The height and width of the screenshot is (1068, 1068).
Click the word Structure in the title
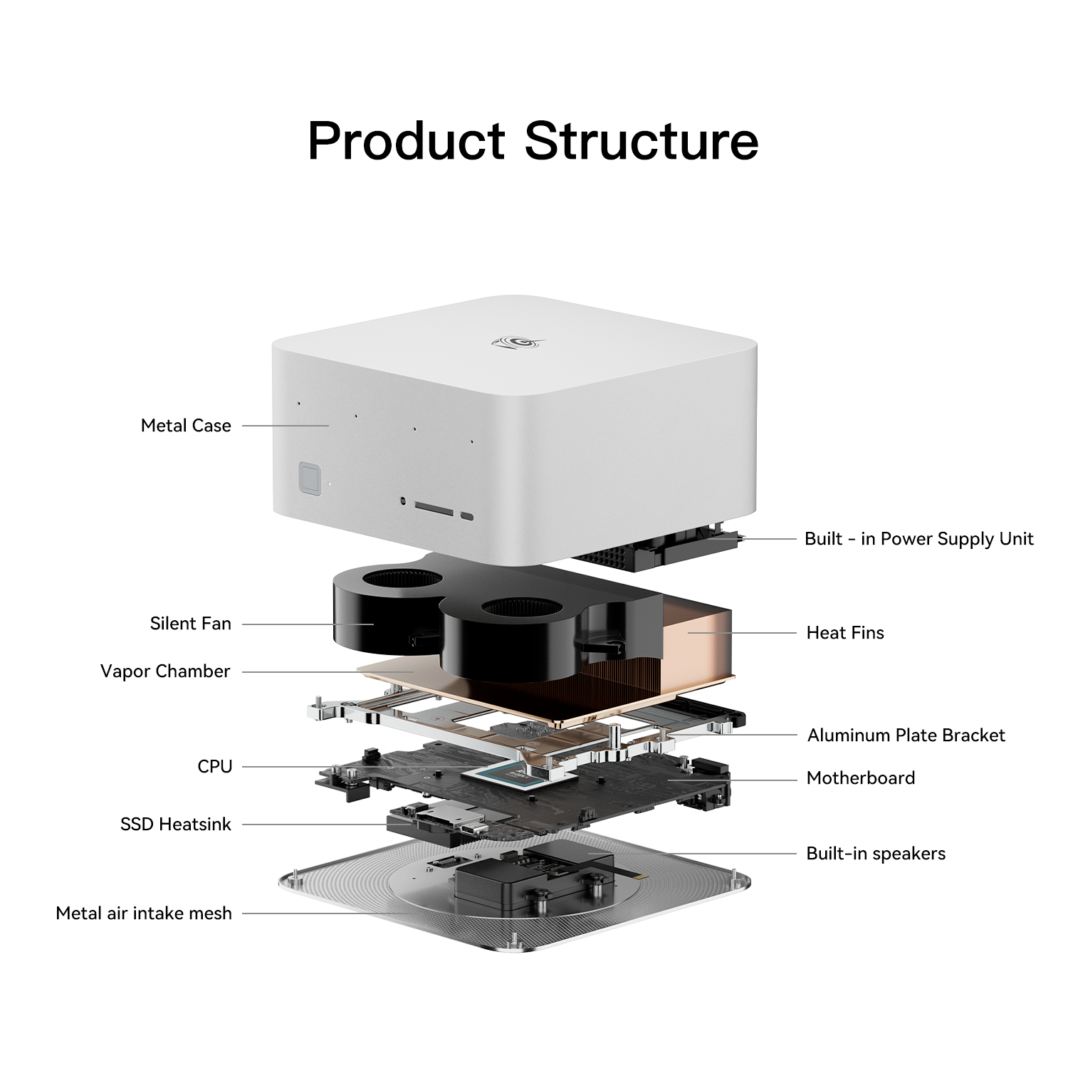click(x=642, y=140)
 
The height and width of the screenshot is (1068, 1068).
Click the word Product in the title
click(x=407, y=140)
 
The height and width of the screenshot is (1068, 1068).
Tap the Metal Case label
click(x=186, y=426)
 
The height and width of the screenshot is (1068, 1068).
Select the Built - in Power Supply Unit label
click(x=918, y=539)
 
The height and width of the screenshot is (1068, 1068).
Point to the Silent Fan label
click(x=190, y=624)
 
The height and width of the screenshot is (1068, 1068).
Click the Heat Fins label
click(x=845, y=633)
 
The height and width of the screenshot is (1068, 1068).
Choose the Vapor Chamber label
click(x=165, y=671)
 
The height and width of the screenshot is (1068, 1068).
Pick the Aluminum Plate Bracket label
click(x=906, y=735)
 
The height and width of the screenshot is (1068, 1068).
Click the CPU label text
click(x=215, y=767)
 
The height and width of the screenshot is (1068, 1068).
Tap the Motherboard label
click(x=861, y=778)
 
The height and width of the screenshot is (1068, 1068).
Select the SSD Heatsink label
click(x=176, y=824)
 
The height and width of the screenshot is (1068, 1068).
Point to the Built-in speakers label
click(x=876, y=854)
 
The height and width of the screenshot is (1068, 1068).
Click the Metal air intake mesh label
click(x=144, y=913)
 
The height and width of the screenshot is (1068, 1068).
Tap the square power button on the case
click(x=309, y=478)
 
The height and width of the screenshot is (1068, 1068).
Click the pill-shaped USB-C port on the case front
click(x=467, y=516)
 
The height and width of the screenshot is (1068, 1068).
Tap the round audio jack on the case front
click(x=403, y=501)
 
